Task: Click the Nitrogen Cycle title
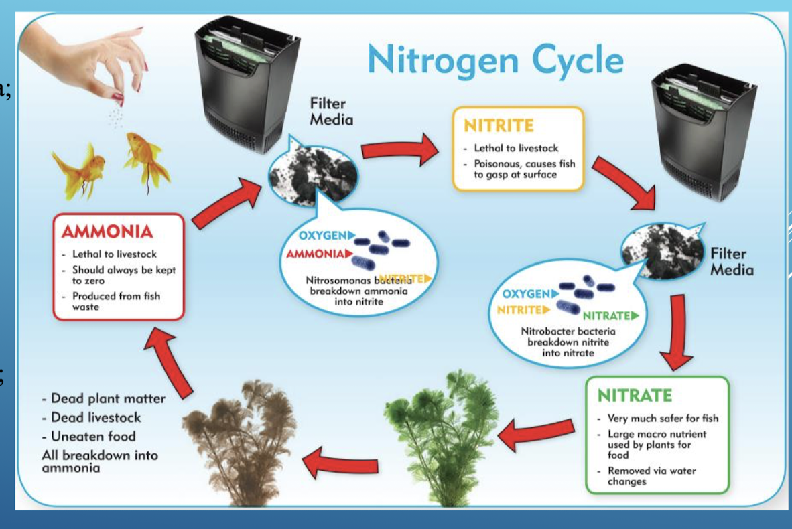(495, 60)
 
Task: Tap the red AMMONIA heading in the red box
(108, 232)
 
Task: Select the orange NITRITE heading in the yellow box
(499, 125)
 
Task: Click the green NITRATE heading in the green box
(635, 395)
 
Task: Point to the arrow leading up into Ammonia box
(171, 358)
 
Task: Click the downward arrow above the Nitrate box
(677, 331)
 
